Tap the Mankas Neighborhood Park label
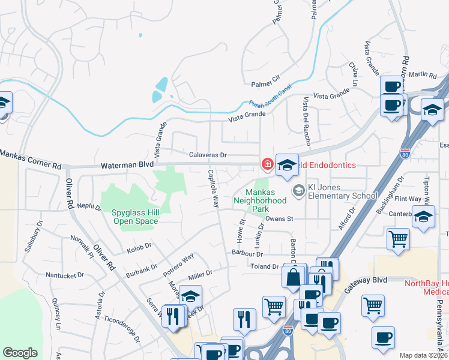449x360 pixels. tap(260, 201)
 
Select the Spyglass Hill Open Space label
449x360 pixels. tap(135, 217)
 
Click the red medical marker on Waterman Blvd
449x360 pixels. tap(265, 163)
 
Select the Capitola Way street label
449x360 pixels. tap(212, 188)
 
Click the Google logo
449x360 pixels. tap(20, 353)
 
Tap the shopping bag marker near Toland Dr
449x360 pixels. tap(294, 278)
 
